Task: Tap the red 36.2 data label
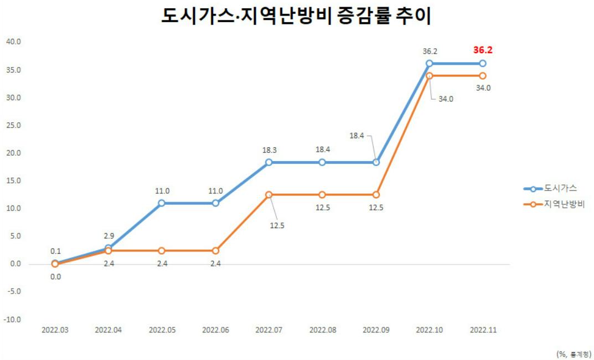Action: pyautogui.click(x=483, y=50)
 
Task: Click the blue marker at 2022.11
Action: pyautogui.click(x=483, y=63)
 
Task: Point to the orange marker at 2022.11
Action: pyautogui.click(x=483, y=75)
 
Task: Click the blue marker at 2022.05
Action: pyautogui.click(x=162, y=203)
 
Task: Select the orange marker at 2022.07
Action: pyautogui.click(x=269, y=195)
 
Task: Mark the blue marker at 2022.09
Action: pyautogui.click(x=376, y=162)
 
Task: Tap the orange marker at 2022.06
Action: pyautogui.click(x=215, y=251)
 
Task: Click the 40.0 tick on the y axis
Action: pyautogui.click(x=13, y=42)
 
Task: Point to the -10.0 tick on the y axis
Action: pyautogui.click(x=12, y=320)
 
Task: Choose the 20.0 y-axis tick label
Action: pyautogui.click(x=13, y=153)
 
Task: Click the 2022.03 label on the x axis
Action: pyautogui.click(x=55, y=330)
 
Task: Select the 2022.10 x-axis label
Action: pyautogui.click(x=430, y=330)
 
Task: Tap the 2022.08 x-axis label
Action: pyautogui.click(x=323, y=330)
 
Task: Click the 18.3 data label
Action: pyautogui.click(x=269, y=150)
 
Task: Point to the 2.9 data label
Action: pyautogui.click(x=108, y=236)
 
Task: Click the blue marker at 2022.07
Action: pyautogui.click(x=269, y=162)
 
